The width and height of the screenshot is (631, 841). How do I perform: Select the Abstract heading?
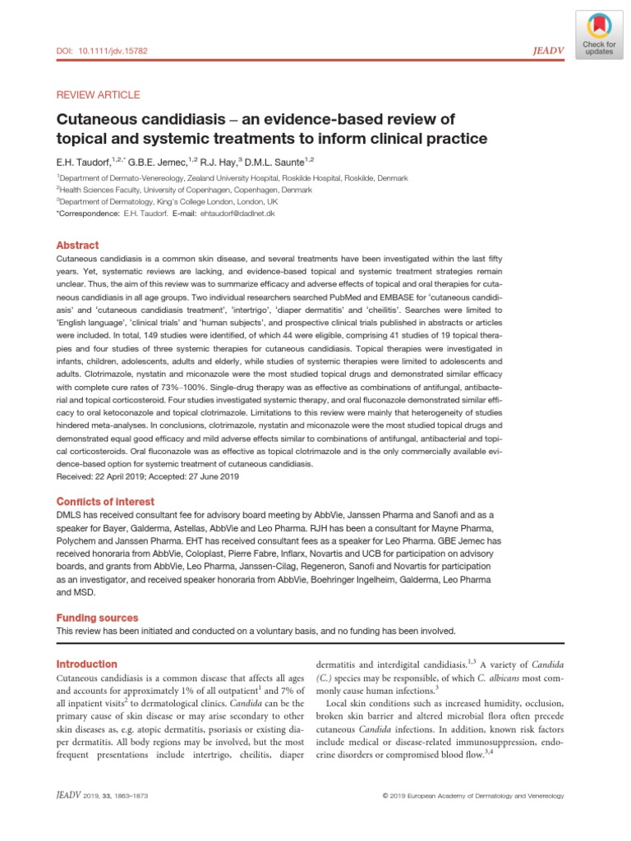point(77,246)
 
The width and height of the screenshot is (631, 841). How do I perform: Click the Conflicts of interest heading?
point(104,502)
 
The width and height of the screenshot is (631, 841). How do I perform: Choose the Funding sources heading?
point(97,618)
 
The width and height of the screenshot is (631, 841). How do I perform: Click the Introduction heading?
point(86,664)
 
